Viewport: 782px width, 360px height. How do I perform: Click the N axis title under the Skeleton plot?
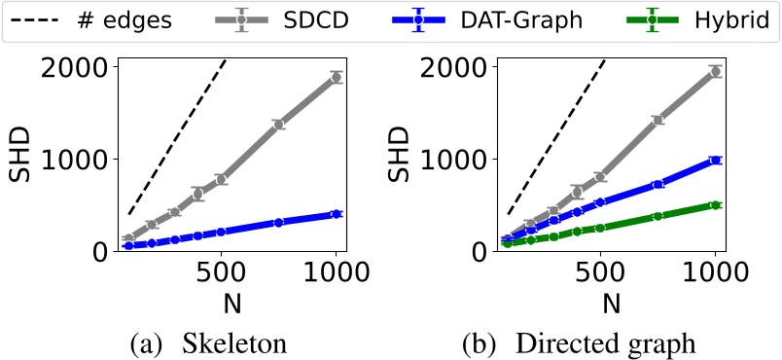pos(231,303)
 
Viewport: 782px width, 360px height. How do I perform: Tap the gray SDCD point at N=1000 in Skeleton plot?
pos(337,77)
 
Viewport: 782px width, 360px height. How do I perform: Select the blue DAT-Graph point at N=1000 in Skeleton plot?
pos(337,213)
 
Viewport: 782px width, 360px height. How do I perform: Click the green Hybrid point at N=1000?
pos(716,204)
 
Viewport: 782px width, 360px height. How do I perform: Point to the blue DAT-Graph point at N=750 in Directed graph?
pos(658,184)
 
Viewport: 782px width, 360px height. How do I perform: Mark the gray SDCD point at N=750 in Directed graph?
pos(658,120)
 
